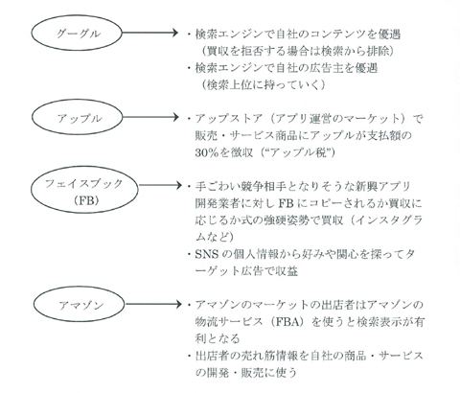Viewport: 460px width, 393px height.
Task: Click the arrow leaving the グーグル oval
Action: pos(149,33)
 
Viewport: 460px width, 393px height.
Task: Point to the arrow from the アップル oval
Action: pos(149,117)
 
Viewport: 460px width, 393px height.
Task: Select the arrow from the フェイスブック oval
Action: pos(160,185)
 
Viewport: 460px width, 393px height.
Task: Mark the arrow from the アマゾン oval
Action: pos(153,304)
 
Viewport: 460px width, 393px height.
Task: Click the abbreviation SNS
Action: pos(207,254)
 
